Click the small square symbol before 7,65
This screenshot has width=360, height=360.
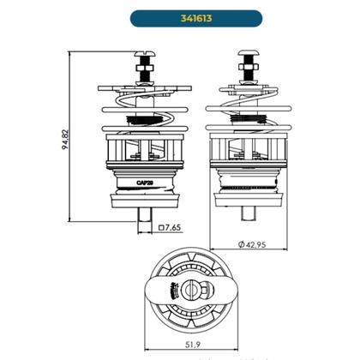(161, 229)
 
